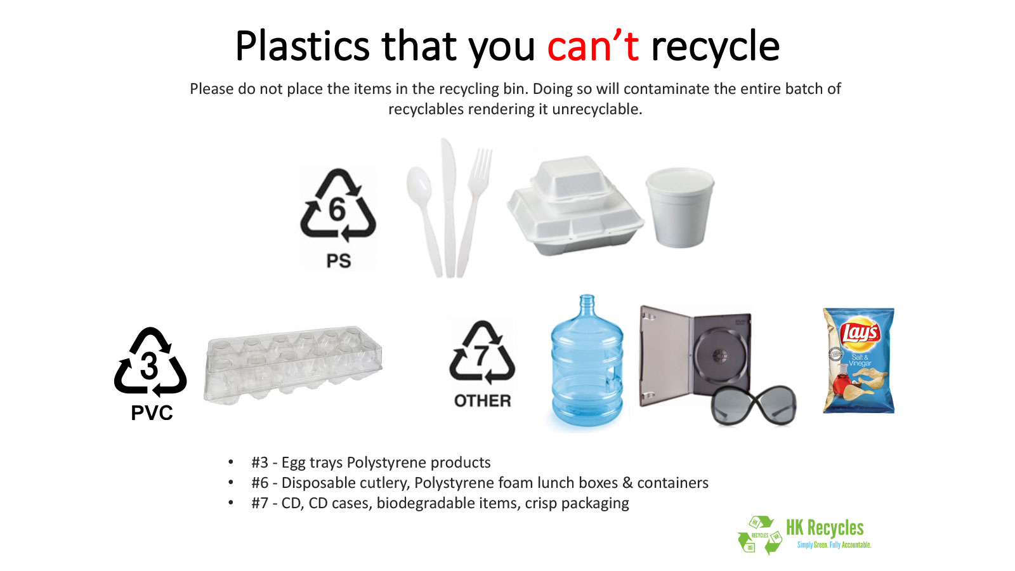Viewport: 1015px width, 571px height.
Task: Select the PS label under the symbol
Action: pyautogui.click(x=339, y=261)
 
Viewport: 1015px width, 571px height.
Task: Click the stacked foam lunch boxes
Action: pyautogui.click(x=575, y=206)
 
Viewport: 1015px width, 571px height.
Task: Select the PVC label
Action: pyautogui.click(x=152, y=413)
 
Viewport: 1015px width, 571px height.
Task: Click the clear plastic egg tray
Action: pyautogui.click(x=293, y=365)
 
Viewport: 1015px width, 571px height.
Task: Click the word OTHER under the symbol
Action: pyautogui.click(x=483, y=400)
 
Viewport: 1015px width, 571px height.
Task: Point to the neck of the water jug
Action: pyautogui.click(x=587, y=304)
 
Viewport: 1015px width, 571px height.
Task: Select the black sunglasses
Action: pyautogui.click(x=753, y=405)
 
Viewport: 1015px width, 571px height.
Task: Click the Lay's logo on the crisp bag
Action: pyautogui.click(x=860, y=334)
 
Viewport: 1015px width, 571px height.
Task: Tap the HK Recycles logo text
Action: pyautogui.click(x=825, y=528)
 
